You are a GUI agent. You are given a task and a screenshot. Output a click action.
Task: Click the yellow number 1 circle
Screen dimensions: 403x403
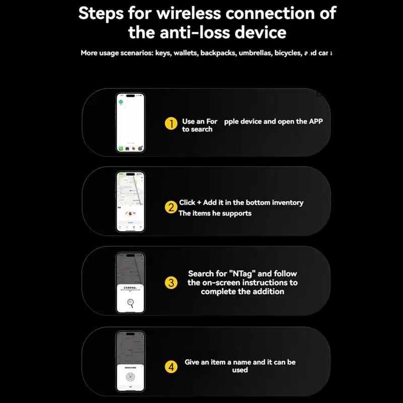pyautogui.click(x=172, y=123)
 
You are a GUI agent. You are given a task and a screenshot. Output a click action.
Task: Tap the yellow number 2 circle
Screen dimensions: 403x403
pyautogui.click(x=172, y=207)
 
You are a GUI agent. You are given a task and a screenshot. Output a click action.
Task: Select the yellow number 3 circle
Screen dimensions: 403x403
pyautogui.click(x=172, y=283)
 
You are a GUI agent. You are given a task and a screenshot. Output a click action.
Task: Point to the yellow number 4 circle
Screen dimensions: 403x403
pyautogui.click(x=172, y=367)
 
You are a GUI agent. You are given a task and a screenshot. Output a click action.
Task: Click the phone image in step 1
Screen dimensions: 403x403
pyautogui.click(x=130, y=122)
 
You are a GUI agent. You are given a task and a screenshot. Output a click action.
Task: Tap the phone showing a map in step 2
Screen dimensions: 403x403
pyautogui.click(x=130, y=201)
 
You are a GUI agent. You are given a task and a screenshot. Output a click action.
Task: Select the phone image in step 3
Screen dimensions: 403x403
pyautogui.click(x=130, y=283)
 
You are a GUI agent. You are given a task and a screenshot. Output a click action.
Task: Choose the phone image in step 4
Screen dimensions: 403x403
pyautogui.click(x=130, y=361)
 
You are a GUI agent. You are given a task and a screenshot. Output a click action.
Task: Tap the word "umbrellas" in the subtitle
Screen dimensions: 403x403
pyautogui.click(x=255, y=53)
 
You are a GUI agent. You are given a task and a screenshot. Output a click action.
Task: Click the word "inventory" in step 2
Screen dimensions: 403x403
pyautogui.click(x=288, y=203)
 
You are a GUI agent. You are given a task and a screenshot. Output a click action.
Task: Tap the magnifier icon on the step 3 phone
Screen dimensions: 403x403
pyautogui.click(x=131, y=302)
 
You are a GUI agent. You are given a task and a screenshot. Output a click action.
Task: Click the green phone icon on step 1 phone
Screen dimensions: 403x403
pyautogui.click(x=121, y=149)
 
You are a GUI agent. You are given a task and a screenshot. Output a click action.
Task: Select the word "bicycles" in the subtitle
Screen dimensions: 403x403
pyautogui.click(x=289, y=53)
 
